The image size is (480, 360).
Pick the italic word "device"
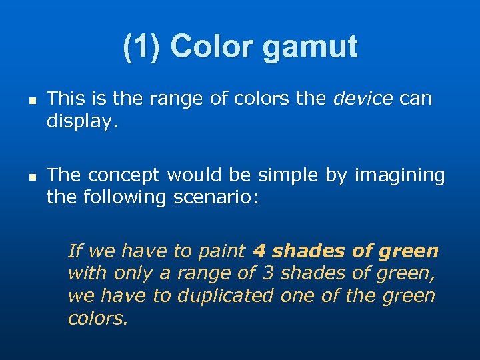[363, 99]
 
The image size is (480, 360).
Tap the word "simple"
[290, 175]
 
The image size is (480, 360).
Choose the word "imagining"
[399, 176]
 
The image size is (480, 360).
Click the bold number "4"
[259, 251]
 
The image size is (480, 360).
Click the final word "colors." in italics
[97, 318]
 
